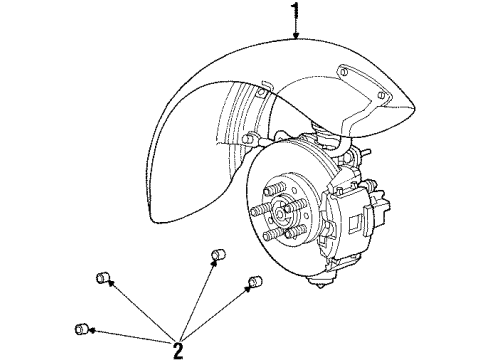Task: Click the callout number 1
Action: (x=294, y=13)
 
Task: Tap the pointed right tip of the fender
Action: (x=411, y=107)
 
